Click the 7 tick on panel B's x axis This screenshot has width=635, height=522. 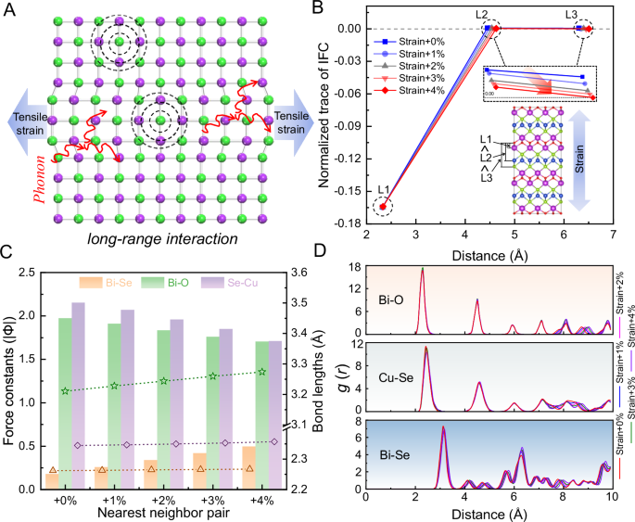tap(613, 236)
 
